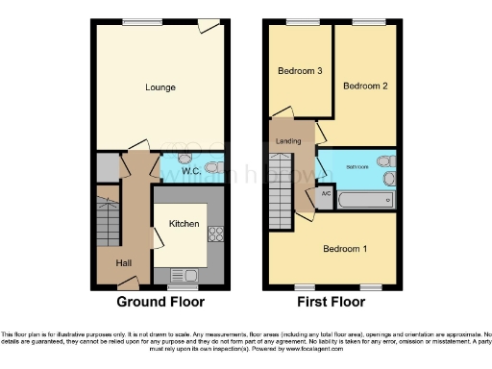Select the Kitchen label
pos(184,224)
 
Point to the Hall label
pos(125,262)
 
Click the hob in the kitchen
pos(215,234)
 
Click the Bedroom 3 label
pos(298,71)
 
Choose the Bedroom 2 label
pos(366,86)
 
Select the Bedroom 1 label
pos(343,249)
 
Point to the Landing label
pos(288,142)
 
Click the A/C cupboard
pos(325,196)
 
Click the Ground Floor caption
pos(160,302)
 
